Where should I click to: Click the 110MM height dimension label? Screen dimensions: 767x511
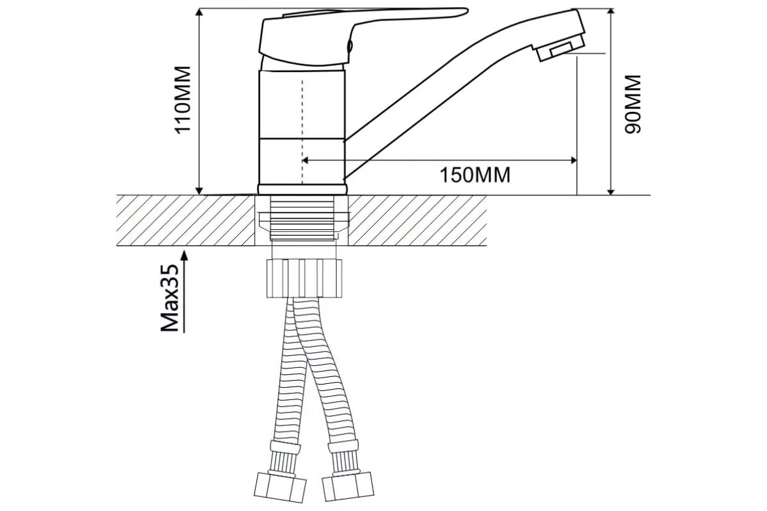pyautogui.click(x=183, y=100)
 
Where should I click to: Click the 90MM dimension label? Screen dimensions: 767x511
pyautogui.click(x=632, y=104)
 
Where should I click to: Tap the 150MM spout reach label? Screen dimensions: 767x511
pyautogui.click(x=474, y=175)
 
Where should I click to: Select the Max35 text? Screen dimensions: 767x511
pyautogui.click(x=170, y=298)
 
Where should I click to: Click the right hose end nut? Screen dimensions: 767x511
pyautogui.click(x=348, y=486)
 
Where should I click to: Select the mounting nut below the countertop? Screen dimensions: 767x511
pyautogui.click(x=304, y=278)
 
